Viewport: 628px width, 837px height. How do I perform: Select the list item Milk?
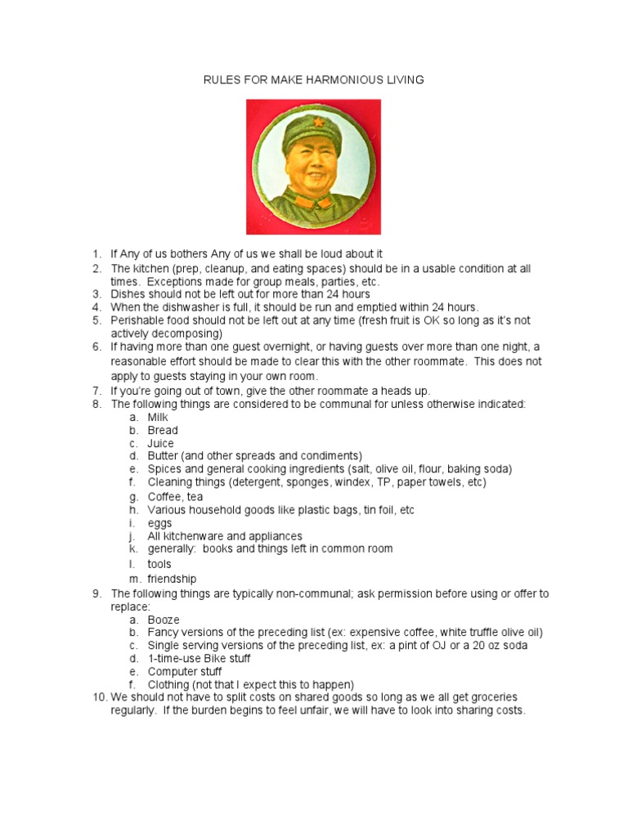pos(159,417)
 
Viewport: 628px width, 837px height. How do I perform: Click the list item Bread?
pos(163,430)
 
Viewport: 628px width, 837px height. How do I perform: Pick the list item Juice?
pos(160,443)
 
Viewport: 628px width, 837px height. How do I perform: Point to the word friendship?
pos(172,579)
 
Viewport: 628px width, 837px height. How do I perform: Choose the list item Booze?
pos(164,620)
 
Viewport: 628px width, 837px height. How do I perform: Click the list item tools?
pos(159,564)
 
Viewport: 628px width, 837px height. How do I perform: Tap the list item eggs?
pos(159,523)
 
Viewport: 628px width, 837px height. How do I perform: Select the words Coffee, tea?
pos(175,496)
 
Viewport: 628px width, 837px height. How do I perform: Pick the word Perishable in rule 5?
pos(137,320)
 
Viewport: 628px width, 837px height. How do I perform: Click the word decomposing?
pos(186,333)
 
